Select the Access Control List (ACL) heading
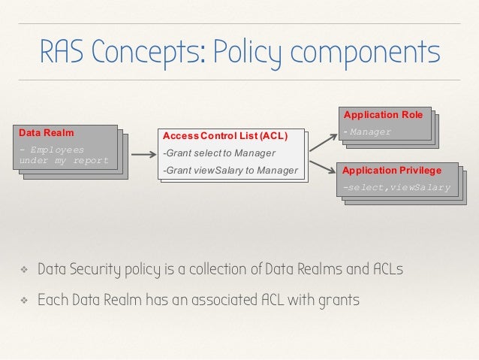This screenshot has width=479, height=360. click(225, 136)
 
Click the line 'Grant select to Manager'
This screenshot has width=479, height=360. click(213, 154)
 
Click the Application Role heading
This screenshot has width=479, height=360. click(383, 115)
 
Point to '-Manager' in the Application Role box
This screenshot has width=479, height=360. click(367, 132)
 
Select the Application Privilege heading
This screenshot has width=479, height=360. click(392, 171)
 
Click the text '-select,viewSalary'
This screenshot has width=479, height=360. click(396, 187)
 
